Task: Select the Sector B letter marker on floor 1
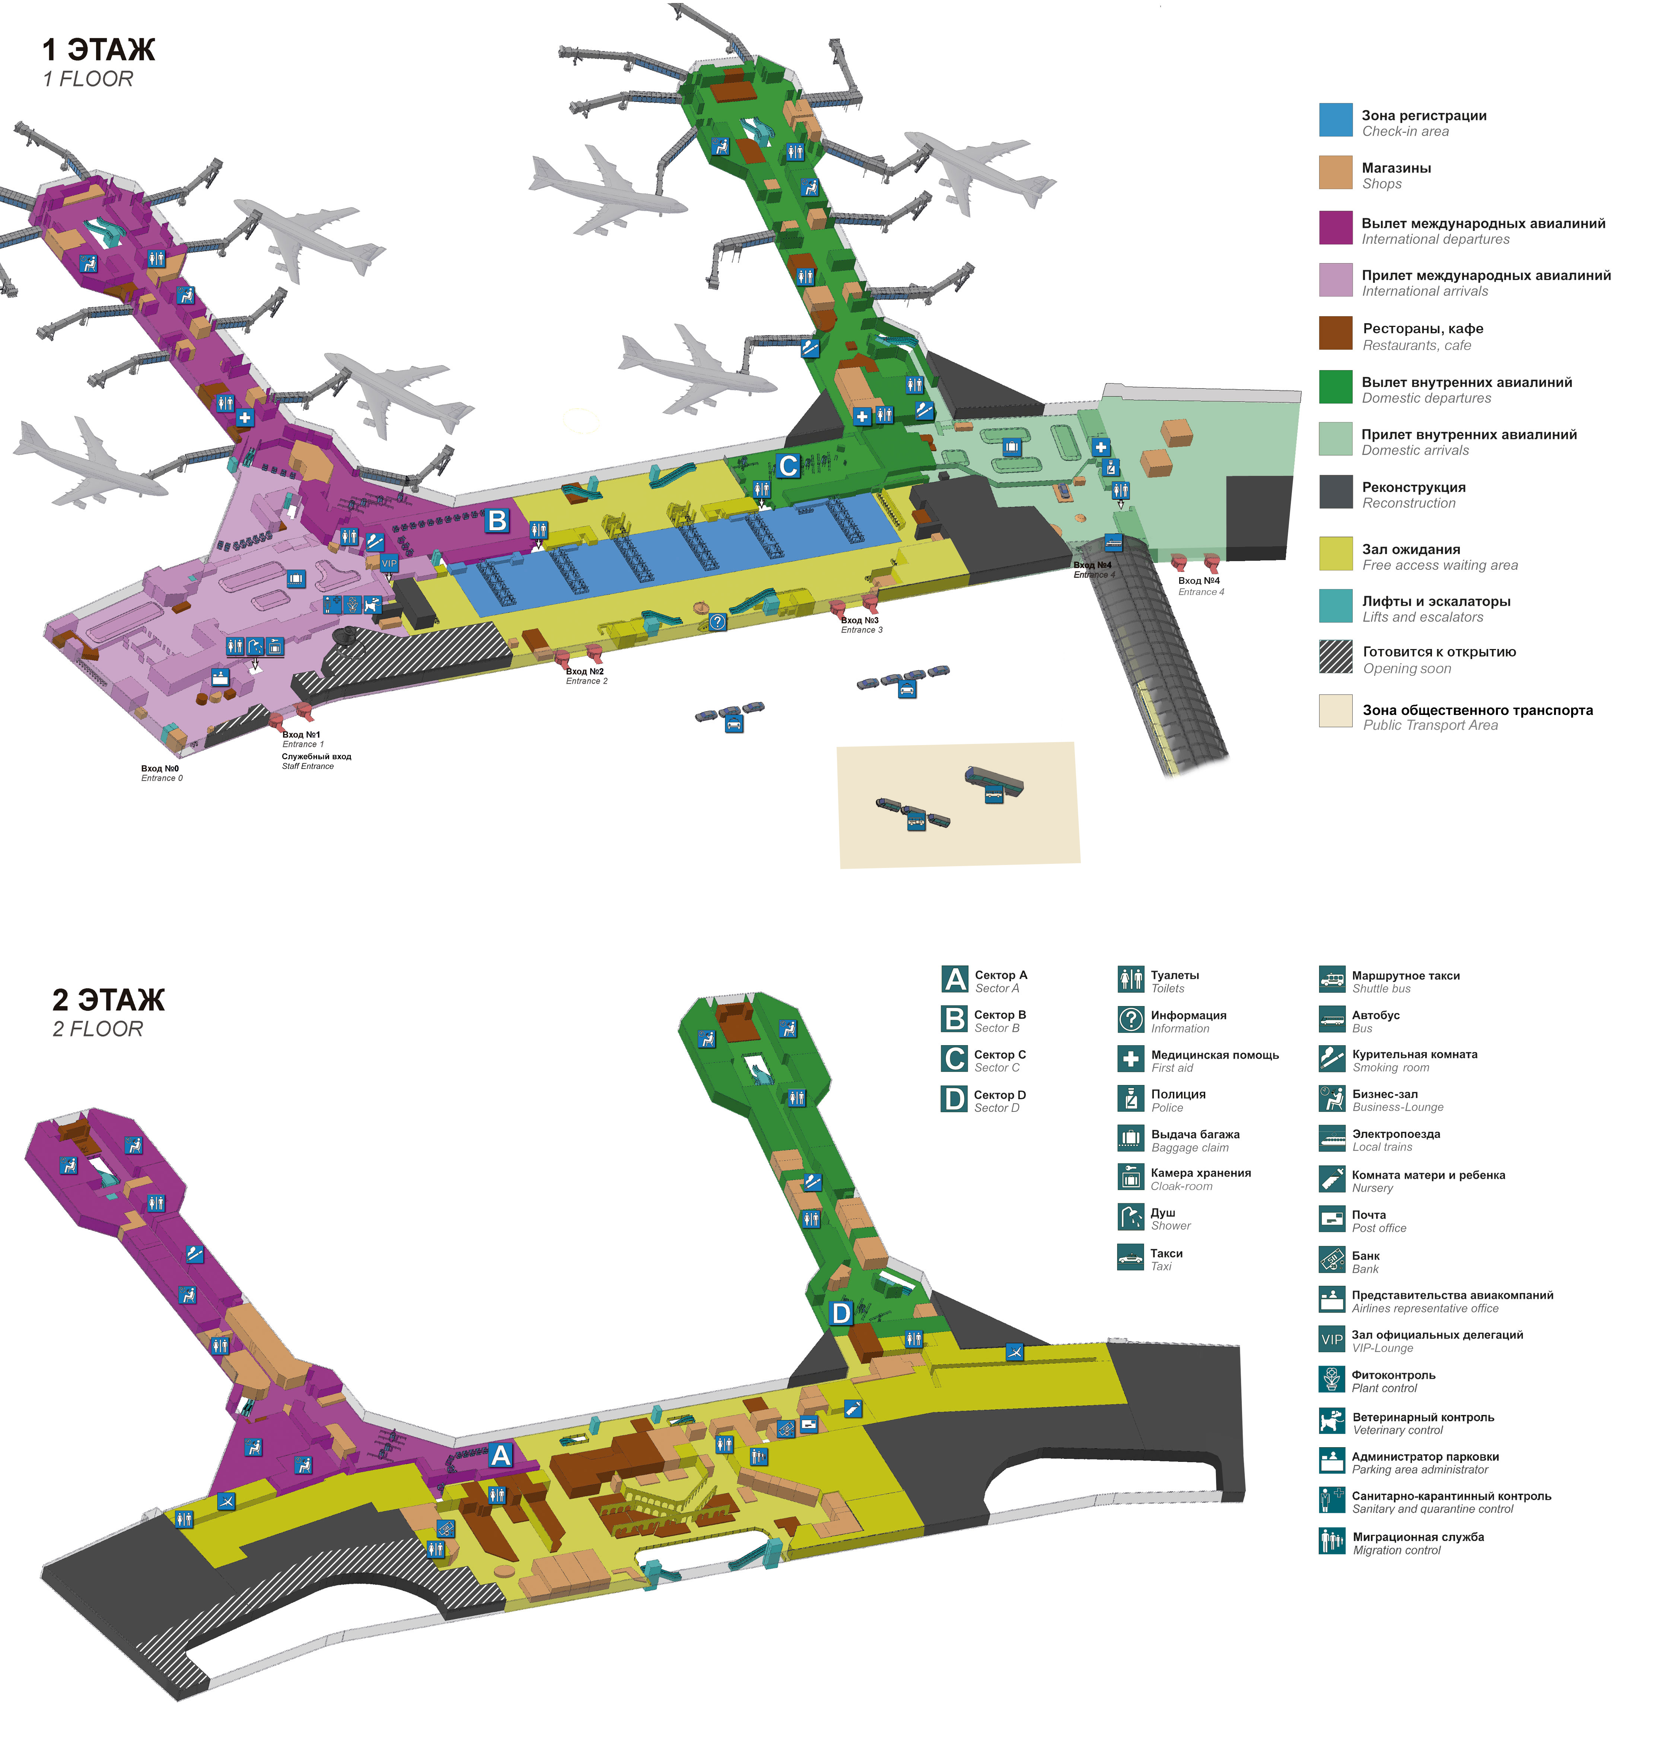point(497,520)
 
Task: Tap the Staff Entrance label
point(316,761)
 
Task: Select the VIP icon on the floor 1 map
point(389,563)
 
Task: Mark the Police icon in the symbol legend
point(1130,1098)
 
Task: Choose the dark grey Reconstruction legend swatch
point(1335,492)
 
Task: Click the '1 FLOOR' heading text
point(88,79)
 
